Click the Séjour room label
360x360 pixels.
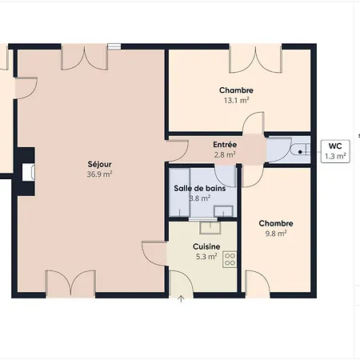pos(99,164)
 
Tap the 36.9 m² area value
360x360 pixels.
pos(99,174)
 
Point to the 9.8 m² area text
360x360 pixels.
pos(276,234)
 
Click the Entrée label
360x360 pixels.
pos(225,145)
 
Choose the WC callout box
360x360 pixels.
pos(335,151)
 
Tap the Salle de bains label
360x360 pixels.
pos(200,189)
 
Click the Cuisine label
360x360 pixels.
pos(206,246)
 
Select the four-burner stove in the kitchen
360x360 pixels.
pos(230,259)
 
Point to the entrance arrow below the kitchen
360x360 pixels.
pos(181,298)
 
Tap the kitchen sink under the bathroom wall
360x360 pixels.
pos(210,228)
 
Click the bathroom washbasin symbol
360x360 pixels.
pos(223,211)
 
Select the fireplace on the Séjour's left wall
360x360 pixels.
pos(26,172)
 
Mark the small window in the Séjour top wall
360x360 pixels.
pos(114,46)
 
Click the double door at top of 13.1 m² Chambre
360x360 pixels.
pos(256,58)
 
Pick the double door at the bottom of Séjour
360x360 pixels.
pos(70,284)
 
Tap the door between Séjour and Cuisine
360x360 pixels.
pos(154,254)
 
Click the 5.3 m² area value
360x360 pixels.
pos(206,257)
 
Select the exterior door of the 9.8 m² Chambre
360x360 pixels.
pos(258,284)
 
